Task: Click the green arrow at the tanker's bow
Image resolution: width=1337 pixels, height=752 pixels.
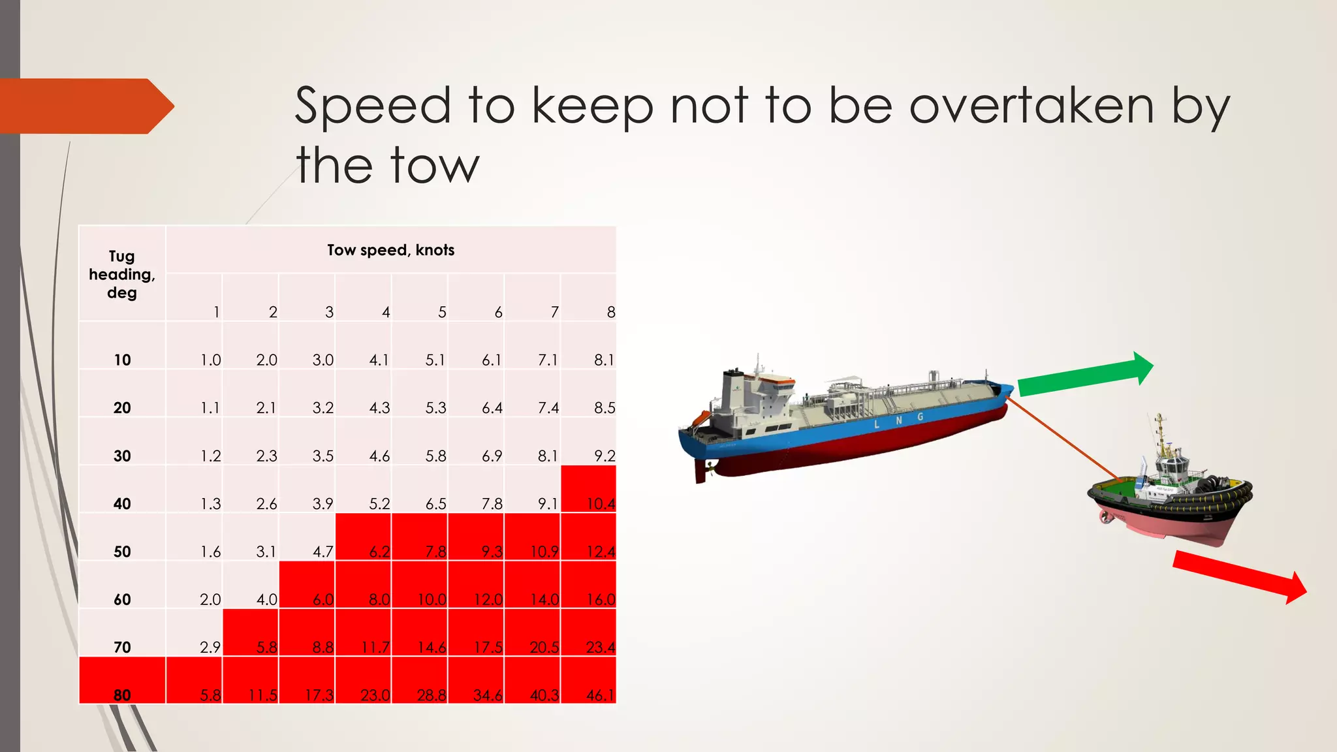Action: (1084, 375)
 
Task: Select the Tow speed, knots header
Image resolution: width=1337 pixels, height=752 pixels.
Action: (390, 250)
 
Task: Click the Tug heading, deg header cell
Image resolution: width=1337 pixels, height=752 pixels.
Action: (122, 274)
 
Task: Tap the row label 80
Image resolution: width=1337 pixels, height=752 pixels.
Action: (122, 695)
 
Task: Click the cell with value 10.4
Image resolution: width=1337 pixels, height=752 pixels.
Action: (588, 490)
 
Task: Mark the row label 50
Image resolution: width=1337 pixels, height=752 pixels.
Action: (122, 552)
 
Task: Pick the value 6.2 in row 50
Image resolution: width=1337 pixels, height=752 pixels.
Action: (364, 538)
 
